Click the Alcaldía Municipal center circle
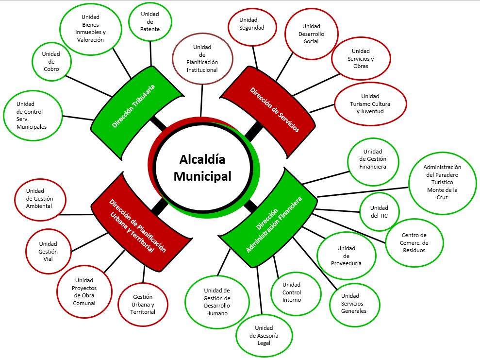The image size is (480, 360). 203,168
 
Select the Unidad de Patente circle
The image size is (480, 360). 150,21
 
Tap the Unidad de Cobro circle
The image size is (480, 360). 51,62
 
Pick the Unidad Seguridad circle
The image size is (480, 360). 252,27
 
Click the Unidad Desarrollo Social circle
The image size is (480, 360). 311,34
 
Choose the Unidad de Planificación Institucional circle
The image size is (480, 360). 202,58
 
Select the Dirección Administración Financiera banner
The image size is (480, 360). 269,218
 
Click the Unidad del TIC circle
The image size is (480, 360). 379,212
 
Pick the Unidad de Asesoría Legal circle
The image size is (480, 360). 264,336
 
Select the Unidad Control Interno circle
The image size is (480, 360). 296,293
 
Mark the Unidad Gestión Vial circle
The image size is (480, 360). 48,251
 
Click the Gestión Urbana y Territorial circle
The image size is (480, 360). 143,304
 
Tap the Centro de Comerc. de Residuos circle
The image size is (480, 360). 414,242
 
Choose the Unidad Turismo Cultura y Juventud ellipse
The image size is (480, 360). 370,104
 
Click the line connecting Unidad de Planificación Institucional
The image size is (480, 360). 201,101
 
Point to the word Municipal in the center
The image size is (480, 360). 202,176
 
